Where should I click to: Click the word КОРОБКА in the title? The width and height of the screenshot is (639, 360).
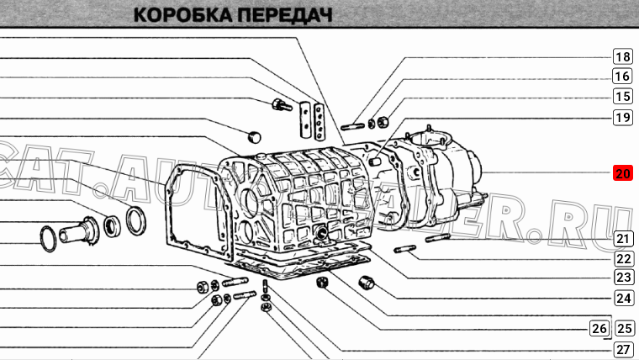point(182,15)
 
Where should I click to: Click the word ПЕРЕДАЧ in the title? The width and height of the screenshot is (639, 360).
point(282,15)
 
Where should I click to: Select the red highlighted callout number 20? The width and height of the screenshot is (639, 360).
point(622,174)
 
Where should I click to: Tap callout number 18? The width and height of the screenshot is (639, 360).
point(622,57)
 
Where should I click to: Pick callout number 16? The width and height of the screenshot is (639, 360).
point(622,77)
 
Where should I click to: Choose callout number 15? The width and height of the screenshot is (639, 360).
point(622,97)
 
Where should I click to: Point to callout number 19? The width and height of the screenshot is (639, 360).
point(622,117)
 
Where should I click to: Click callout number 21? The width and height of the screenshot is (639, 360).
point(623,238)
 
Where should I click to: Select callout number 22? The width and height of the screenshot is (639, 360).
point(623,258)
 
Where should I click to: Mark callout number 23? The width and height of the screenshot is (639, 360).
point(623,277)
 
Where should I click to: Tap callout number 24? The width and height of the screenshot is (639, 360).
point(623,297)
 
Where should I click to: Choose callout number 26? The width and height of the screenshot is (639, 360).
point(599,328)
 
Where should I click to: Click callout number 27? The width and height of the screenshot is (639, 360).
point(623,349)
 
